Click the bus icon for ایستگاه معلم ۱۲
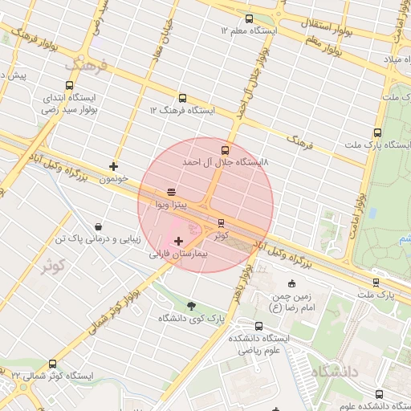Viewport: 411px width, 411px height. pyautogui.click(x=249, y=18)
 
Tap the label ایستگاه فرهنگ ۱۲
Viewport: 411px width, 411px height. pyautogui.click(x=183, y=110)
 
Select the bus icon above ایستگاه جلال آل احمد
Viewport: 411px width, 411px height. pyautogui.click(x=225, y=149)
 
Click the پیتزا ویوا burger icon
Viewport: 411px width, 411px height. pyautogui.click(x=171, y=193)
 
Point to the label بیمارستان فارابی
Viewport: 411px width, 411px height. pyautogui.click(x=178, y=252)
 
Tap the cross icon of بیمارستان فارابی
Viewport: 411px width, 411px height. pyautogui.click(x=178, y=240)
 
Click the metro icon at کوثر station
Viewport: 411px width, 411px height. pyautogui.click(x=222, y=224)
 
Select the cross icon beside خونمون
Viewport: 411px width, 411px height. pyautogui.click(x=114, y=167)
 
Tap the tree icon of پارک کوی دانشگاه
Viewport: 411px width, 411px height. pyautogui.click(x=191, y=306)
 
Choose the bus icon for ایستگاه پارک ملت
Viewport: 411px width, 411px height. pyautogui.click(x=377, y=133)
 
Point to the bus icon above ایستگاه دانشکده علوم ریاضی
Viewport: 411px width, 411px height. pyautogui.click(x=258, y=326)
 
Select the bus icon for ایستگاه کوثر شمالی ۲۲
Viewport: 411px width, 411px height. pyautogui.click(x=53, y=364)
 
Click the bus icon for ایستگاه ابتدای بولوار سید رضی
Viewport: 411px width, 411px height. pyautogui.click(x=70, y=85)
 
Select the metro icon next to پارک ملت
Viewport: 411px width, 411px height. pyautogui.click(x=376, y=283)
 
